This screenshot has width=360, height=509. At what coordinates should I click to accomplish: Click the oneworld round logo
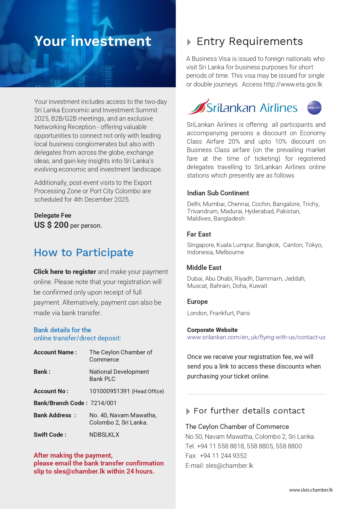(314, 108)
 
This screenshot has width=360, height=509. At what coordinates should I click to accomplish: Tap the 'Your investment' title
(93, 41)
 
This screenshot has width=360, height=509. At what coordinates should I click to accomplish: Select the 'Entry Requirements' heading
(249, 41)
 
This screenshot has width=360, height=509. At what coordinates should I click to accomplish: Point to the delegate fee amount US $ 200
(51, 225)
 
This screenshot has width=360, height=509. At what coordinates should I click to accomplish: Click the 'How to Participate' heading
(84, 252)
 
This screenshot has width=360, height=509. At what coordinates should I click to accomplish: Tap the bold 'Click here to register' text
(65, 272)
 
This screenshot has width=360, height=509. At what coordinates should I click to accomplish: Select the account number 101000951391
(109, 391)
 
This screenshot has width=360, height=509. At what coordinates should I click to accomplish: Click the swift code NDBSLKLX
(104, 435)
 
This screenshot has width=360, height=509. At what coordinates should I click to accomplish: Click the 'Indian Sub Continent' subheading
(218, 193)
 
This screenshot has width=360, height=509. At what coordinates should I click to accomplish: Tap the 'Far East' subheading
(199, 234)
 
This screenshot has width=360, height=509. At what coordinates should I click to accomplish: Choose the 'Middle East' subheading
(204, 268)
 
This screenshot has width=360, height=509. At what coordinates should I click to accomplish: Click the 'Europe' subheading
(197, 302)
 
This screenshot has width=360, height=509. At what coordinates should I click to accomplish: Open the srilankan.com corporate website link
(256, 337)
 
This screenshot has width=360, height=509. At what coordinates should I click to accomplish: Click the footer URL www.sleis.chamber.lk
(311, 490)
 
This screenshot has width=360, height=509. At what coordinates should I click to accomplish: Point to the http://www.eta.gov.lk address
(293, 84)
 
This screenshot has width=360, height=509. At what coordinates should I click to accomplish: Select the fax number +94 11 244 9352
(223, 456)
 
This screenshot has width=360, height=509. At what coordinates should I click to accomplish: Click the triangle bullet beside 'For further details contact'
(188, 411)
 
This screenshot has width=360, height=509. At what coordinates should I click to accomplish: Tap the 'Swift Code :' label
(50, 435)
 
